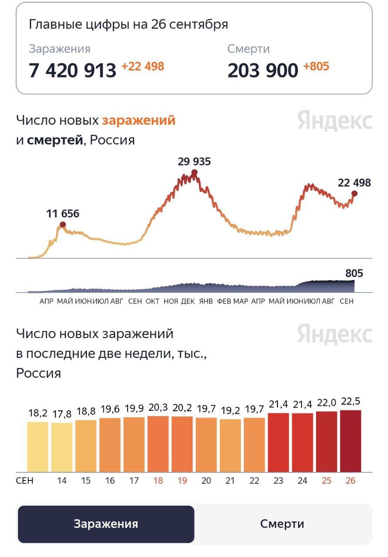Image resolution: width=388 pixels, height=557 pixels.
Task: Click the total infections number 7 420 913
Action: pyautogui.click(x=72, y=70)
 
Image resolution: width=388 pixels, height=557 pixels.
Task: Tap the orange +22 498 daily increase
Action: pyautogui.click(x=142, y=67)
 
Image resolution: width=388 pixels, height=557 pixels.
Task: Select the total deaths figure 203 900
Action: pyautogui.click(x=263, y=70)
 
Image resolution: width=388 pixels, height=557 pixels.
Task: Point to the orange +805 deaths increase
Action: pyautogui.click(x=316, y=67)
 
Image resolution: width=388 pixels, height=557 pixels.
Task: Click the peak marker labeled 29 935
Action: pyautogui.click(x=194, y=172)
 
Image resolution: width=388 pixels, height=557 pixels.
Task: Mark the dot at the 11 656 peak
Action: pyautogui.click(x=63, y=225)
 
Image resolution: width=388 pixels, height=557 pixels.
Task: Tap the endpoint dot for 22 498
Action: pyautogui.click(x=354, y=193)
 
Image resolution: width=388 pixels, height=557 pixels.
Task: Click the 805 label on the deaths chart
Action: pyautogui.click(x=354, y=273)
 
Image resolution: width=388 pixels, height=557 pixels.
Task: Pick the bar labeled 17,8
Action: pyautogui.click(x=62, y=447)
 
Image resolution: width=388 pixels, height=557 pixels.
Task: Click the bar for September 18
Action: pyautogui.click(x=158, y=444)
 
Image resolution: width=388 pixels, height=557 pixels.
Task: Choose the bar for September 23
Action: pyautogui.click(x=278, y=443)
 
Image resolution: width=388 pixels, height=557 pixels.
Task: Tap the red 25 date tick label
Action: pyautogui.click(x=326, y=481)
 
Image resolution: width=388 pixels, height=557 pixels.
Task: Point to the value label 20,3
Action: pyautogui.click(x=158, y=408)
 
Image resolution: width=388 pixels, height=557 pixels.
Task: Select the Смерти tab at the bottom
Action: pyautogui.click(x=282, y=524)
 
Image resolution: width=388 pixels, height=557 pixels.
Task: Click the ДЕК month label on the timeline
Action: pyautogui.click(x=188, y=301)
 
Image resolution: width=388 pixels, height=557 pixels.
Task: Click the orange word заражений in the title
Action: pyautogui.click(x=138, y=120)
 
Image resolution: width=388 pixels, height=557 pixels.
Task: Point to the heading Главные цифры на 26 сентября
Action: pyautogui.click(x=128, y=24)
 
